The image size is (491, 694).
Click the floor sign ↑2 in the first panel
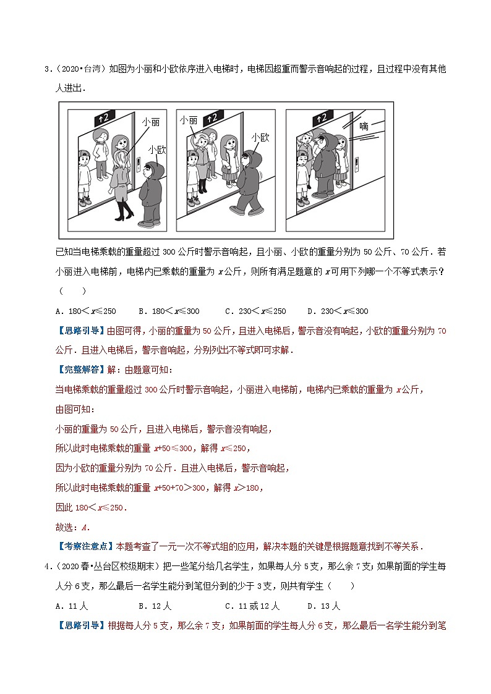pyautogui.click(x=106, y=117)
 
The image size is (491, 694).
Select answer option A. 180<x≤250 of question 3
pyautogui.click(x=85, y=311)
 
